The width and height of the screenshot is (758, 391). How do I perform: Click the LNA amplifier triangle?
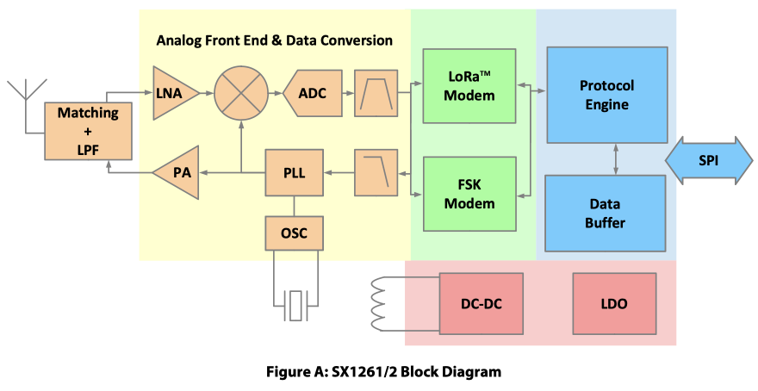(x=172, y=91)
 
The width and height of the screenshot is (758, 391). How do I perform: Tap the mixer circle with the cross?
(x=241, y=91)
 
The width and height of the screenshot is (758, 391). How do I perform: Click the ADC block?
(x=311, y=92)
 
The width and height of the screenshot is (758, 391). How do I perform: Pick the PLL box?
(x=294, y=171)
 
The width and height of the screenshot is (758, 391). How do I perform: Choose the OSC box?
(x=294, y=233)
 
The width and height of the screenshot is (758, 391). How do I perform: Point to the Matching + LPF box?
(x=88, y=131)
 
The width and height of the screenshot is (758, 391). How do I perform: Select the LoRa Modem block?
(x=469, y=86)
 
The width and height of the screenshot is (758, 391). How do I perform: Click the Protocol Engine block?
(x=606, y=95)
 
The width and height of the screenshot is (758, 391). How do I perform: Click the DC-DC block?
(x=482, y=304)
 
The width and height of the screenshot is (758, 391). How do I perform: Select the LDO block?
(x=614, y=304)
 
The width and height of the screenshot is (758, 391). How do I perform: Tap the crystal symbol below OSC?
(x=296, y=305)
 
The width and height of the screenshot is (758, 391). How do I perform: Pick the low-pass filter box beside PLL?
(x=377, y=171)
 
